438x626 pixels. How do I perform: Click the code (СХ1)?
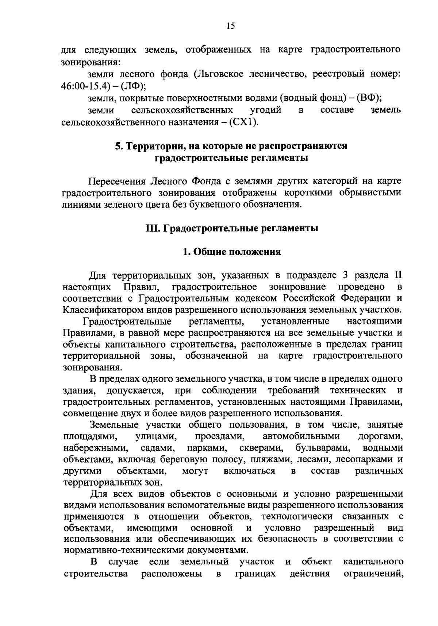pos(243,122)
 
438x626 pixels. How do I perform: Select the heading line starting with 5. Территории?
pos(231,146)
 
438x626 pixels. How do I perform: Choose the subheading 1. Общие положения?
pos(232,252)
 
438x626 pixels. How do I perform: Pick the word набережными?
pos(95,447)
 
